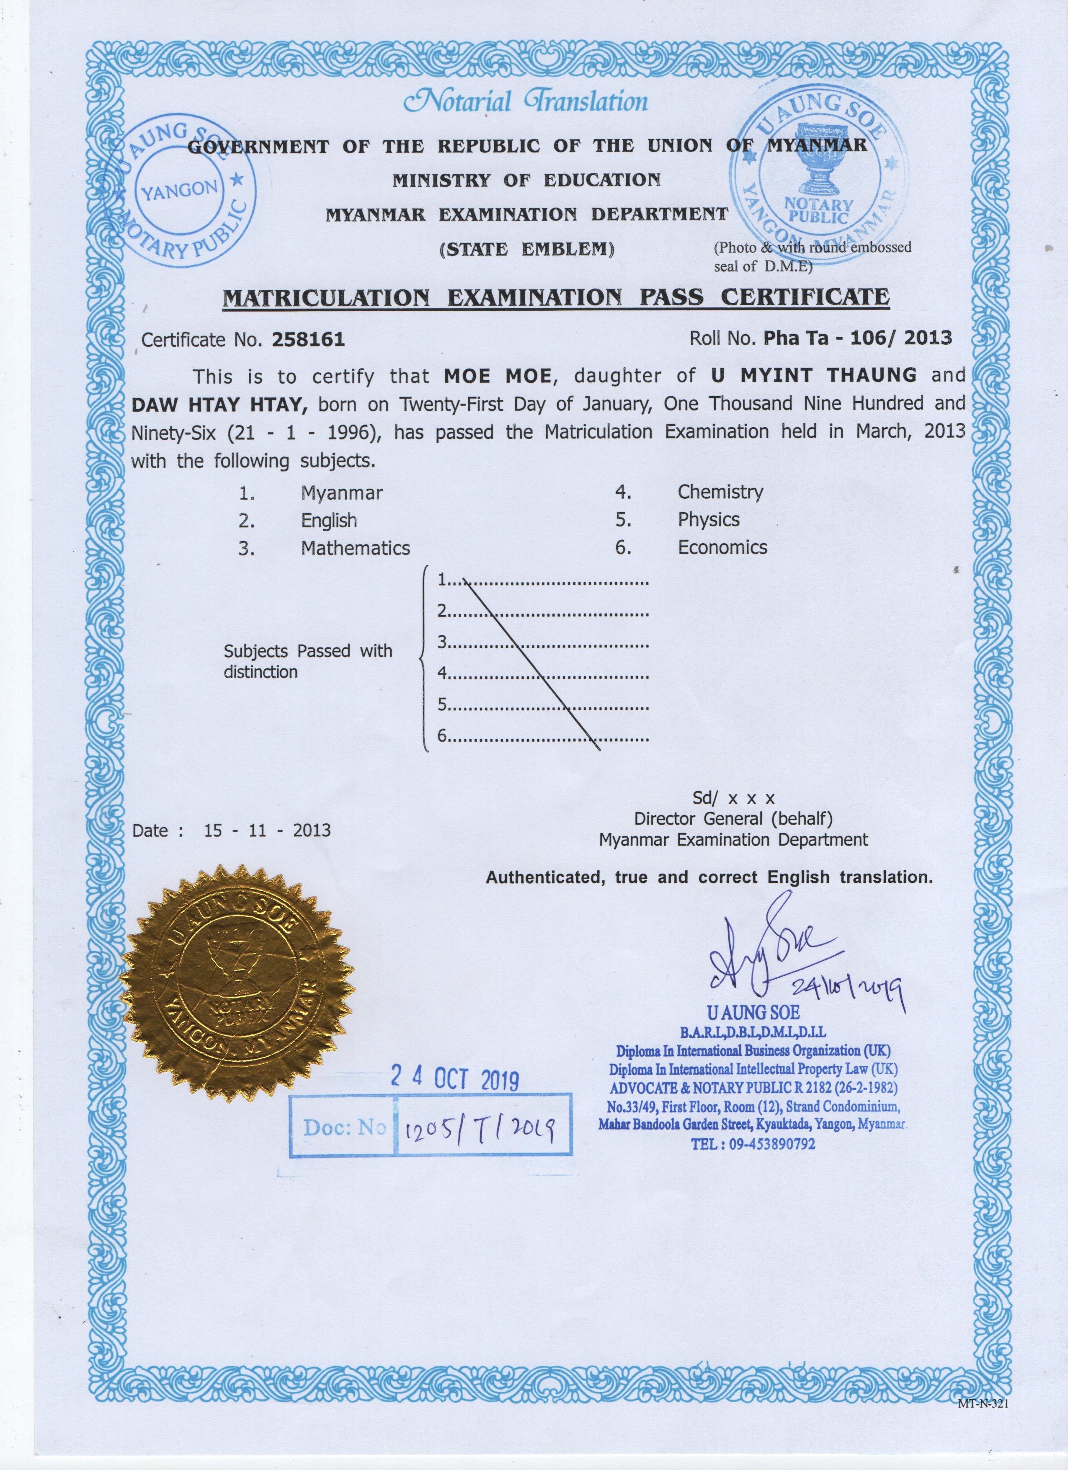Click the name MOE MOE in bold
(497, 375)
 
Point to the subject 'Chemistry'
(720, 492)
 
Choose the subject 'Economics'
(722, 548)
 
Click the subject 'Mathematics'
(355, 548)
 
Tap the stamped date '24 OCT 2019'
(454, 1078)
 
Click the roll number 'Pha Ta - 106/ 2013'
(857, 338)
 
